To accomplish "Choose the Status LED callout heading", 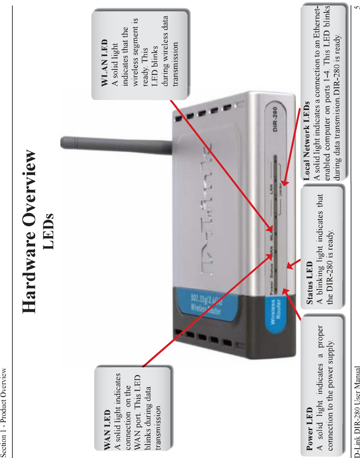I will tap(310, 283).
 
